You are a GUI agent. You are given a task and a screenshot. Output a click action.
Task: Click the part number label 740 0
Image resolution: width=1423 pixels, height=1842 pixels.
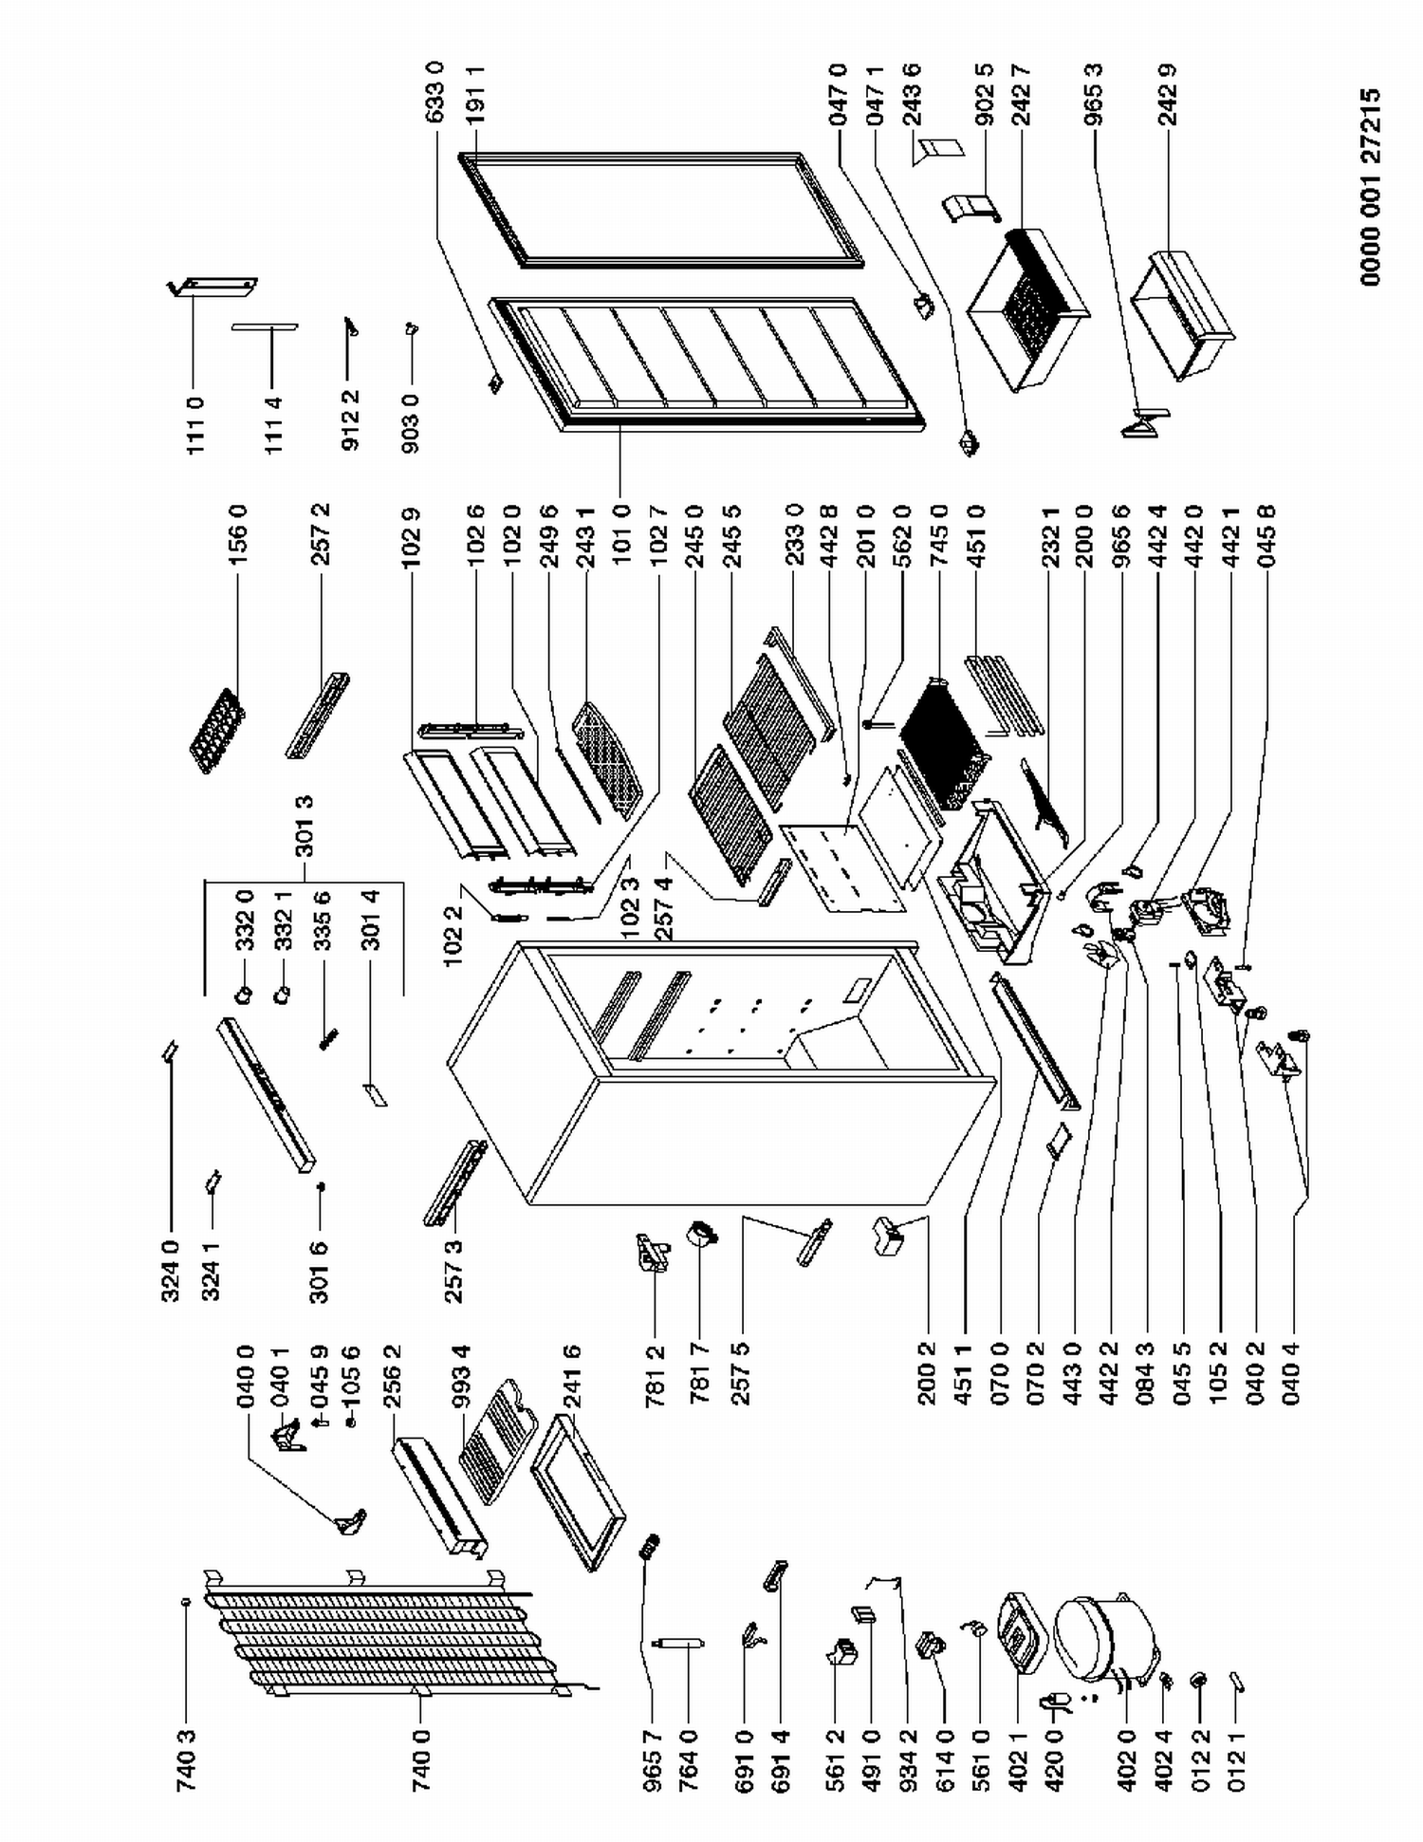point(421,1759)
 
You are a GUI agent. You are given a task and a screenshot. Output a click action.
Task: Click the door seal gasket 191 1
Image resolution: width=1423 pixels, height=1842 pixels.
point(661,207)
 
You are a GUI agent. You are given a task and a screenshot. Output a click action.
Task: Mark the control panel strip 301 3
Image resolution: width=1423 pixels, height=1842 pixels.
point(266,1094)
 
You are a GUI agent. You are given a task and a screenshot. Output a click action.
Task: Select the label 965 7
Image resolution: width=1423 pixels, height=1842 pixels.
point(650,1759)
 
